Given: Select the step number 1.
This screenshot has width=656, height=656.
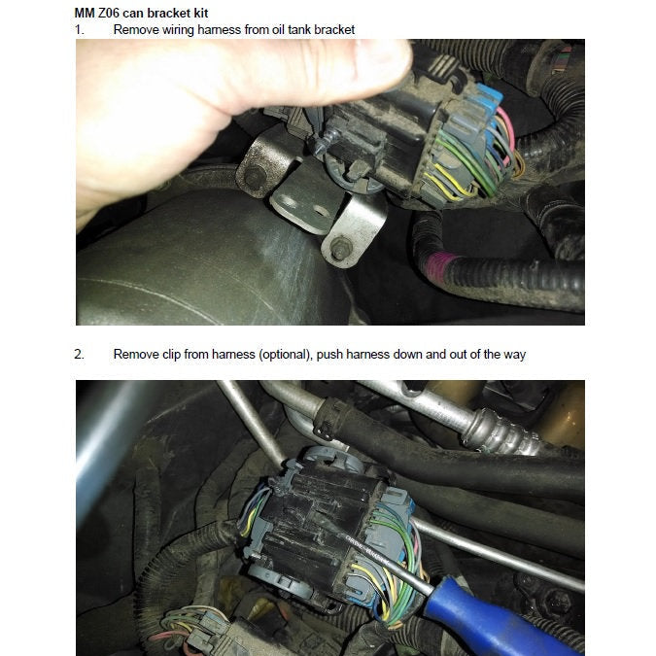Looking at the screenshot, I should pyautogui.click(x=79, y=29).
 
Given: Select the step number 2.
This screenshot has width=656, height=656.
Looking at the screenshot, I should pyautogui.click(x=79, y=354).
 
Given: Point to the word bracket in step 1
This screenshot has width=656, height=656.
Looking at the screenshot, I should pyautogui.click(x=333, y=29).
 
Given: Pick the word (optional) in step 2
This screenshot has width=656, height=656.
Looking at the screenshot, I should pyautogui.click(x=289, y=354).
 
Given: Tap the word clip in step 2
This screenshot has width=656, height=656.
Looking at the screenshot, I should pyautogui.click(x=169, y=354).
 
